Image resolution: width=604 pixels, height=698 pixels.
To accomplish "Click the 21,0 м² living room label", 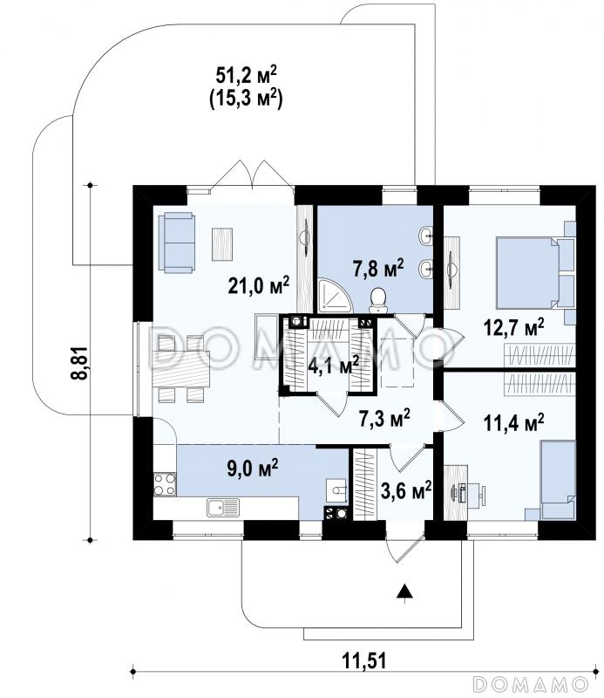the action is tap(258, 285).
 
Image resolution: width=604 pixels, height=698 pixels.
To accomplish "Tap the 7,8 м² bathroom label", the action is tap(378, 269).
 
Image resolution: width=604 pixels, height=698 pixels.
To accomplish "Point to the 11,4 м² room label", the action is tap(513, 422).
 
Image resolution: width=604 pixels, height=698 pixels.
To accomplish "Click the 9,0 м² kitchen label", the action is tap(253, 469).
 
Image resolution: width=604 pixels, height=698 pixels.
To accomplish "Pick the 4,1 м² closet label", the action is tap(333, 365).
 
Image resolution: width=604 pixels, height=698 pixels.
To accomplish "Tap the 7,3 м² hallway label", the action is tap(384, 419).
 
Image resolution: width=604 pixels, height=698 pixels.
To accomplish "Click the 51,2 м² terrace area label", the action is tap(246, 75).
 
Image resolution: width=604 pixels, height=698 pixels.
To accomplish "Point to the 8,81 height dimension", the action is tap(79, 362).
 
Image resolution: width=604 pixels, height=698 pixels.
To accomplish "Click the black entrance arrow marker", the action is tap(404, 591).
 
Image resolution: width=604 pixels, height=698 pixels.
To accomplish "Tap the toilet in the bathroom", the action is tap(378, 299).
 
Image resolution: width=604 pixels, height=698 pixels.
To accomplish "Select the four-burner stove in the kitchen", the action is tap(165, 484).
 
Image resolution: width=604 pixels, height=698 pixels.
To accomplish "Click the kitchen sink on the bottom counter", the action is tap(223, 508).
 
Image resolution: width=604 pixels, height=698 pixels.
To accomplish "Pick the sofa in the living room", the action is tap(177, 243).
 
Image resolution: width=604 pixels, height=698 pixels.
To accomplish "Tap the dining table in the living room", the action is tap(180, 368).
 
